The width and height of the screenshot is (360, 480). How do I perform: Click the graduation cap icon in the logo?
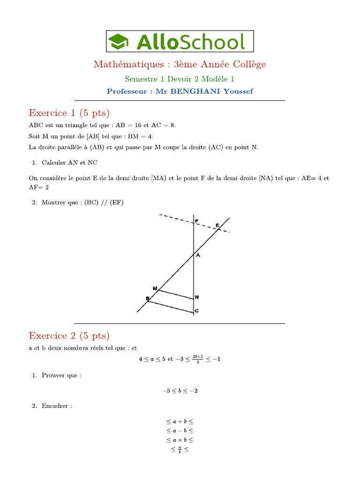(x=119, y=42)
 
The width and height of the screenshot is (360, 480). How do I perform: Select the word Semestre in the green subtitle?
(x=141, y=79)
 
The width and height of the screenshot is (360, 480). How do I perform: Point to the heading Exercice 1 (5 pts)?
(x=69, y=113)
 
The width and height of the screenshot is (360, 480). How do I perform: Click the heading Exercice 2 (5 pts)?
(x=69, y=336)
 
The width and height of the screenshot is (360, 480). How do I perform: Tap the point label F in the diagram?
(x=197, y=221)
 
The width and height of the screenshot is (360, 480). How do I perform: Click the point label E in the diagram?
(x=217, y=225)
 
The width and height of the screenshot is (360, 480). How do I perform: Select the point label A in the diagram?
(x=198, y=255)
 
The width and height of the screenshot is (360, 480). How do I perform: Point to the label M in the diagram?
(x=155, y=288)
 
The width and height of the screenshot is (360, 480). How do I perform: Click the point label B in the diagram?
(x=147, y=299)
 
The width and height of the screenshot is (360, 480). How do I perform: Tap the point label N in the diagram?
(x=197, y=297)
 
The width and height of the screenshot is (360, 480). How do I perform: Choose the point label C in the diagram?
(x=197, y=311)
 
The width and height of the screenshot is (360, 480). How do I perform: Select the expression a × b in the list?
(x=180, y=440)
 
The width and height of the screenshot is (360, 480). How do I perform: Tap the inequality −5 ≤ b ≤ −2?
(x=180, y=391)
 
